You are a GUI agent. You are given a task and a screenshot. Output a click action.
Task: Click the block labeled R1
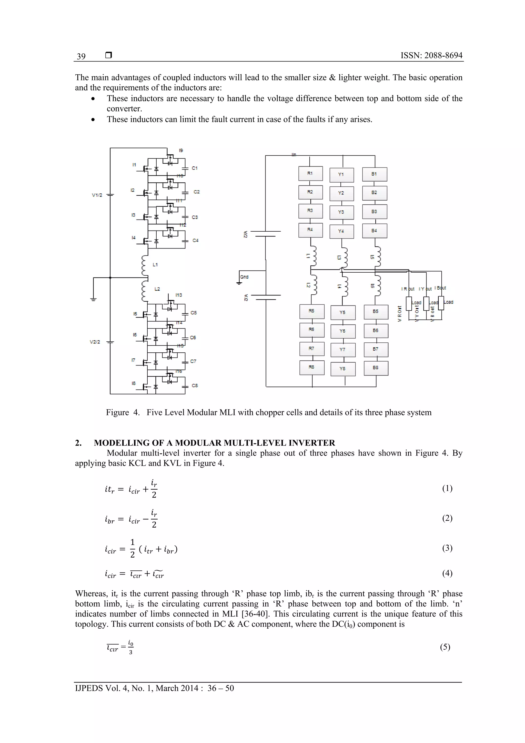click(x=310, y=173)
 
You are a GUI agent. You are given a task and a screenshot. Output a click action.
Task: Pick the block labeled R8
click(x=311, y=367)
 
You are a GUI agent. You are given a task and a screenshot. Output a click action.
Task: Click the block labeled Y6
click(x=342, y=331)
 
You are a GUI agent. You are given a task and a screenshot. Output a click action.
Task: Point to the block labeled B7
click(x=376, y=349)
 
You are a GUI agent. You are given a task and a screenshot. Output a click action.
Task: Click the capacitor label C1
click(x=194, y=168)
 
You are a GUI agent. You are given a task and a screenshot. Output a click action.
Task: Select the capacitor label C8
click(x=194, y=386)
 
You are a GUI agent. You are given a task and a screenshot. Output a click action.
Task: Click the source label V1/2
click(x=97, y=195)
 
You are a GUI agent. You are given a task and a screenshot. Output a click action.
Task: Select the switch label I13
click(x=179, y=295)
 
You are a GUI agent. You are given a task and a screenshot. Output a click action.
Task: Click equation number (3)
click(x=447, y=548)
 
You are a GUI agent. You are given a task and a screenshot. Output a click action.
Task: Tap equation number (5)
click(x=445, y=647)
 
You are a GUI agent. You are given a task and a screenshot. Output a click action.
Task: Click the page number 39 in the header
click(x=81, y=56)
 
